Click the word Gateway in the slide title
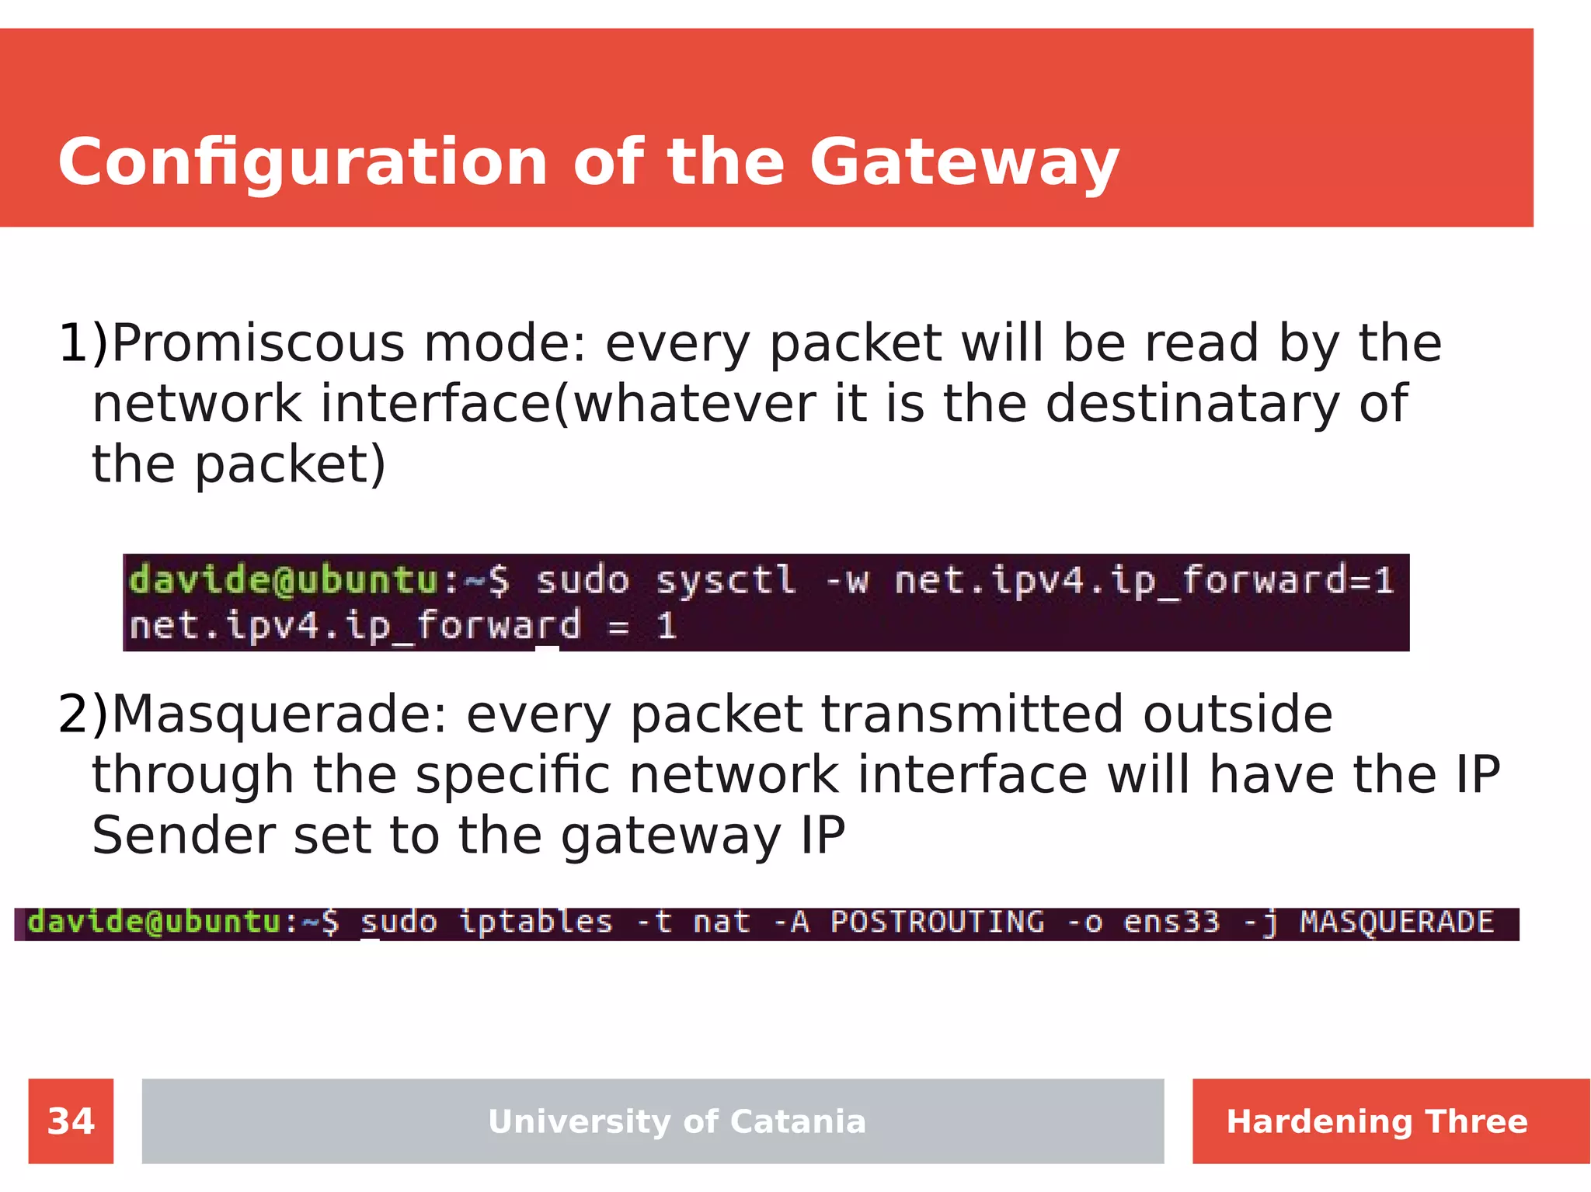tap(963, 163)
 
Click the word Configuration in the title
tap(303, 163)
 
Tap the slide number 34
tap(71, 1121)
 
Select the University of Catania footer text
tap(677, 1121)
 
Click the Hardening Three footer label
tap(1377, 1121)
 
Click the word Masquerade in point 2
tap(280, 714)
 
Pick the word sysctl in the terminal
tap(726, 581)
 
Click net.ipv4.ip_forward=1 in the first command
tap(1144, 581)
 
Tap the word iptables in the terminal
tap(535, 923)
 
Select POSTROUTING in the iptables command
tap(937, 923)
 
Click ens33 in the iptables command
tap(1171, 923)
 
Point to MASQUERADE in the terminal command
tap(1396, 923)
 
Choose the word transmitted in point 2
tap(972, 714)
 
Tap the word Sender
tap(183, 836)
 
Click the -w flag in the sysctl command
tap(846, 581)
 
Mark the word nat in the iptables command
tap(721, 923)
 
